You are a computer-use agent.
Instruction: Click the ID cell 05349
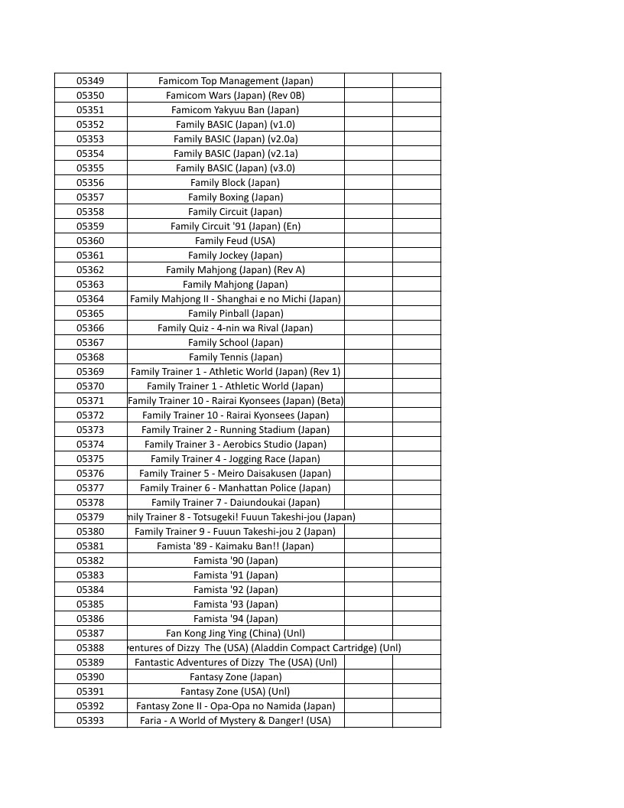(x=90, y=81)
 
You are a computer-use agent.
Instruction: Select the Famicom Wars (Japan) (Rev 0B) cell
(x=236, y=96)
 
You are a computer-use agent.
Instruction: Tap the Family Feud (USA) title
(x=236, y=241)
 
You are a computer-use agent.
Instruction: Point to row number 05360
(x=90, y=241)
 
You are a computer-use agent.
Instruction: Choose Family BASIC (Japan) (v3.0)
(x=236, y=168)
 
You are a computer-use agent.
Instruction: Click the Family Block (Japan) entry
(x=236, y=183)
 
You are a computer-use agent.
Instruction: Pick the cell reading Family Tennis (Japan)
(x=236, y=357)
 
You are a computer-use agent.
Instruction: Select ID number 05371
(x=90, y=401)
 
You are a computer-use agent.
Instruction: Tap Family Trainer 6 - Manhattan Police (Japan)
(x=236, y=488)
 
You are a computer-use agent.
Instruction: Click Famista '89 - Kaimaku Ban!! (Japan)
(x=236, y=546)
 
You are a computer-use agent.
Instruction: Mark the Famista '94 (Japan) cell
(x=236, y=619)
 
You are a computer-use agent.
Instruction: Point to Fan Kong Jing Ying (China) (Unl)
(x=236, y=634)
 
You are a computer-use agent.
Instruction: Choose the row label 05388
(x=90, y=648)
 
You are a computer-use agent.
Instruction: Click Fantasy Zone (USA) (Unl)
(x=236, y=692)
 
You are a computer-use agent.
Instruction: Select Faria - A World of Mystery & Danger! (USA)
(x=236, y=721)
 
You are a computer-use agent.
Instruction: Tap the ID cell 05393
(x=90, y=721)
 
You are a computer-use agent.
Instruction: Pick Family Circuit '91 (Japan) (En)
(x=236, y=226)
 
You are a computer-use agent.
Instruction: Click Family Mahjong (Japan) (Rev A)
(x=236, y=270)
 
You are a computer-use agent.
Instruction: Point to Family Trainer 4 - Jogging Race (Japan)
(x=236, y=459)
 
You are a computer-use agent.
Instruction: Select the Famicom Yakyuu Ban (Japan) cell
(x=236, y=110)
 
